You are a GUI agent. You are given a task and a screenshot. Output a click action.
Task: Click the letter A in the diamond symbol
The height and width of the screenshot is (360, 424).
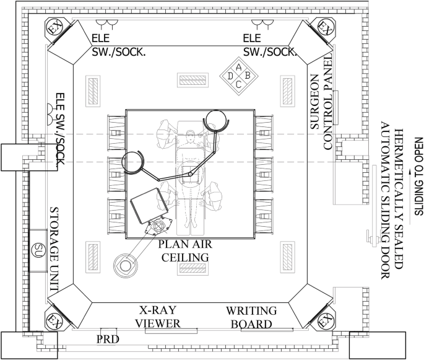(x=238, y=67)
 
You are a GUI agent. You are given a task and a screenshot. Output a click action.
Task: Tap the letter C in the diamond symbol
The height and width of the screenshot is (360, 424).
(x=238, y=84)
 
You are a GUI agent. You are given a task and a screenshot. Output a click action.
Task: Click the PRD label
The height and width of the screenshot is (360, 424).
(x=108, y=339)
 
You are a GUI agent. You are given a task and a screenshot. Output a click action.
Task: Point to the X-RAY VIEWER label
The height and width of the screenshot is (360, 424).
(x=158, y=317)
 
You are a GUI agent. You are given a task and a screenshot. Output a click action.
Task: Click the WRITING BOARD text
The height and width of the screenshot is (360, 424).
(x=251, y=317)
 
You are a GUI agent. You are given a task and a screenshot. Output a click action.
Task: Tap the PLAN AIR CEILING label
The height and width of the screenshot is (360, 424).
(x=185, y=251)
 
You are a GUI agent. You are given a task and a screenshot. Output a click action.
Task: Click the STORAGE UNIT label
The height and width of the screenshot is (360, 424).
(x=54, y=249)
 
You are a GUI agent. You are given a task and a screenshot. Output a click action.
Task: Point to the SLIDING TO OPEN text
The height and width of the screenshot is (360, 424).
(x=419, y=177)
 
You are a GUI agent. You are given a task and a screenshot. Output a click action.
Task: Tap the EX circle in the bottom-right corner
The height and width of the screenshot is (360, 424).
(x=326, y=322)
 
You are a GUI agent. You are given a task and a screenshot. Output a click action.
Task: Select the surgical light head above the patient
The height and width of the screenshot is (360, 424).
(x=216, y=121)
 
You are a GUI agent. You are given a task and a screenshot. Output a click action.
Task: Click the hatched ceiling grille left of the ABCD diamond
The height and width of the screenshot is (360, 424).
(x=193, y=80)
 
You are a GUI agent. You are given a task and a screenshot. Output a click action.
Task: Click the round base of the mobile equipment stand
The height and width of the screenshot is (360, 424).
(x=125, y=266)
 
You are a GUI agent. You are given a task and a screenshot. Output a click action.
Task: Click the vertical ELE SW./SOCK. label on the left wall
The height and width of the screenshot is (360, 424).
(x=60, y=129)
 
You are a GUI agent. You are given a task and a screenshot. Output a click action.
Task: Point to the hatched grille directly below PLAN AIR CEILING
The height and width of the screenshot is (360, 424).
(x=193, y=269)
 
